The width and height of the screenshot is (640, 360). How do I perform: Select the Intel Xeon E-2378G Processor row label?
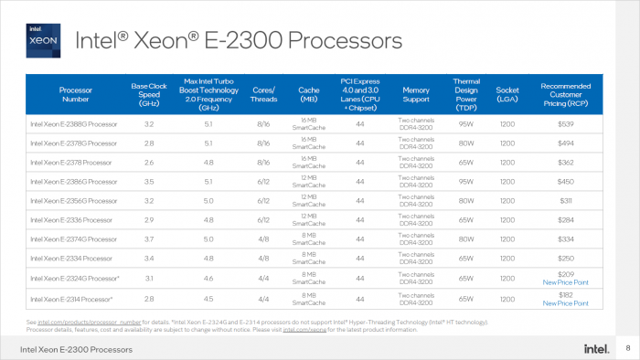pos(73,143)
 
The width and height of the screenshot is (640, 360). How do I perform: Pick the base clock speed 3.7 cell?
pos(148,240)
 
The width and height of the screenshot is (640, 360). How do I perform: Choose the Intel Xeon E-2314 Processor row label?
pos(72,299)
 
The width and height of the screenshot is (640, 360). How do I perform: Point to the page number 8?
pos(627,349)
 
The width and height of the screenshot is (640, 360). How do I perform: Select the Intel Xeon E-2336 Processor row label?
pos(71,220)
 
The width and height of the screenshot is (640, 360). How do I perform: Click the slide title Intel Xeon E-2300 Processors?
pos(238,40)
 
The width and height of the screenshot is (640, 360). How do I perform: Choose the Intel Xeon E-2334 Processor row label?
pos(71,259)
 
